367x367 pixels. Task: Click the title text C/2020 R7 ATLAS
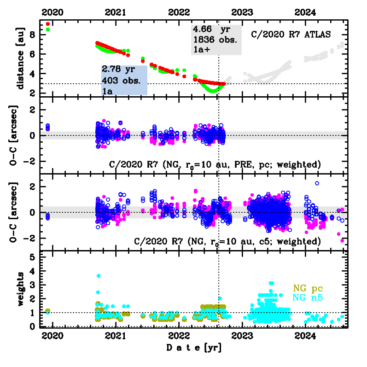tap(291, 34)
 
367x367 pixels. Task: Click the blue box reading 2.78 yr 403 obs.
tap(124, 80)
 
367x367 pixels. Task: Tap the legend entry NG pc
tap(311, 289)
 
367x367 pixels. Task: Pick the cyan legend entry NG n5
tap(311, 298)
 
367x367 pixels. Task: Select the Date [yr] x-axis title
tap(193, 348)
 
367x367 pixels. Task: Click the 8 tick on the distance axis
tap(33, 35)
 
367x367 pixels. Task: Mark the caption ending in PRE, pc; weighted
tap(215, 164)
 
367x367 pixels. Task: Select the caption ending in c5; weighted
tap(227, 241)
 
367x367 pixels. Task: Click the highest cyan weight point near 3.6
tap(98, 276)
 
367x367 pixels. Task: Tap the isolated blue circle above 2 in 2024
tap(317, 183)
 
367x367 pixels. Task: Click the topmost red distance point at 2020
tap(48, 23)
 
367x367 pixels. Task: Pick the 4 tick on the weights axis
tap(33, 271)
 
